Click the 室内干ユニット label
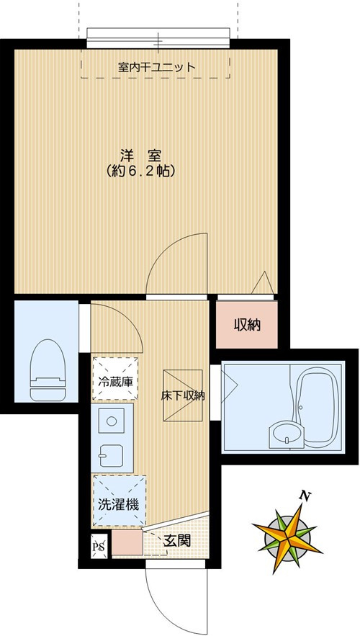(x=156, y=68)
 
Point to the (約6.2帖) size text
(x=140, y=172)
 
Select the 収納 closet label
(x=246, y=325)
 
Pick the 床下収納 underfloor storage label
(x=182, y=395)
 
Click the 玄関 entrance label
(x=177, y=541)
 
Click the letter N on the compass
(x=305, y=496)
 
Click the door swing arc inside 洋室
(x=176, y=264)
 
